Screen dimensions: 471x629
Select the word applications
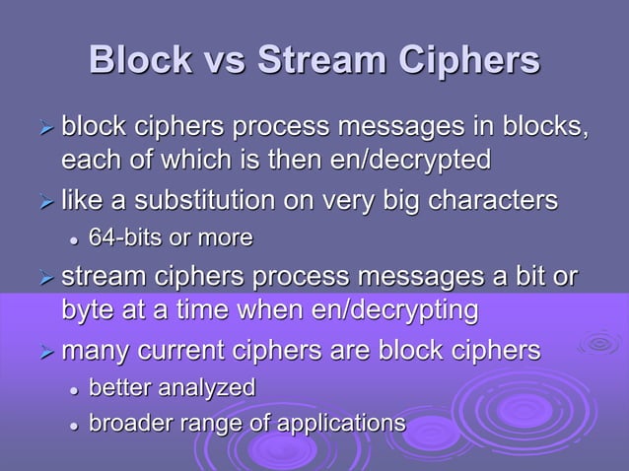tap(340, 424)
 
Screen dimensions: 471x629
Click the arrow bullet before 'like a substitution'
tap(42, 202)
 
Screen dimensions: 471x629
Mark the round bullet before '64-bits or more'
tap(72, 238)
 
